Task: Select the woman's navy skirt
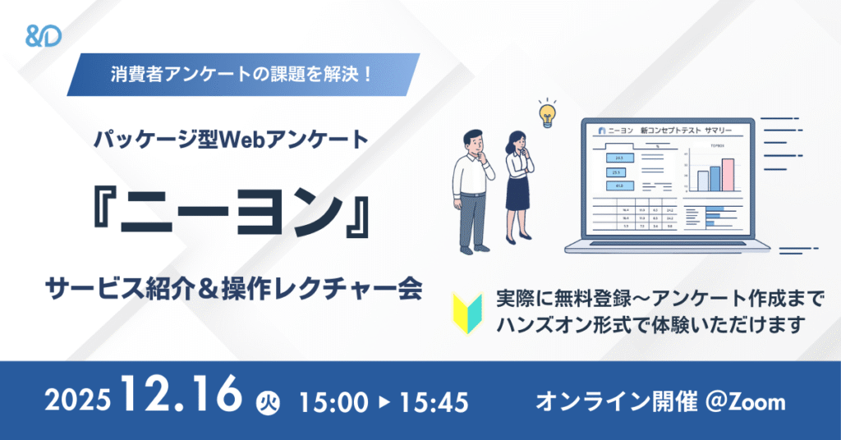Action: [x=517, y=195]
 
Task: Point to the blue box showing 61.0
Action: [x=617, y=186]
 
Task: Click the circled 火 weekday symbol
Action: [x=264, y=402]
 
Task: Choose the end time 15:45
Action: [x=433, y=402]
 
